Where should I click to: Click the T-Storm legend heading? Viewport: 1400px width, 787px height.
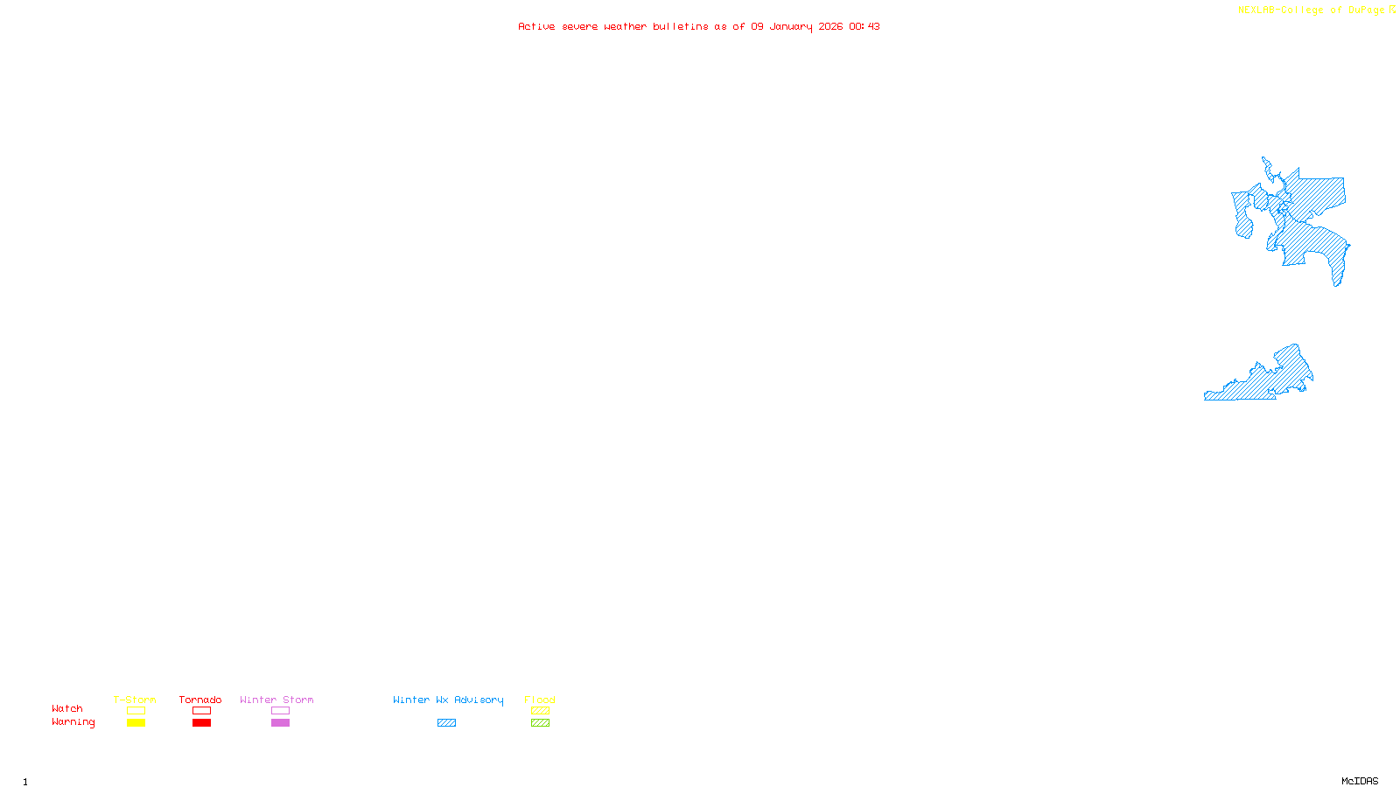point(135,700)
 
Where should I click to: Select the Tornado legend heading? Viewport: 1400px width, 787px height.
point(200,700)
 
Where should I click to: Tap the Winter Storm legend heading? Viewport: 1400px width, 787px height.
point(276,700)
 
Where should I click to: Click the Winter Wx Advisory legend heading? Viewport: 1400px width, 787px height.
point(448,700)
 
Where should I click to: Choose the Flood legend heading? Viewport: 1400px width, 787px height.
point(540,700)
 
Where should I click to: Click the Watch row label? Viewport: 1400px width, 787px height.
point(67,708)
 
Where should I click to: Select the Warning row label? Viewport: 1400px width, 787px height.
point(73,722)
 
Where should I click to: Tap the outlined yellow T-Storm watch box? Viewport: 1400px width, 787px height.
point(136,711)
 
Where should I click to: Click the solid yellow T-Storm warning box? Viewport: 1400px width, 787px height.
point(136,723)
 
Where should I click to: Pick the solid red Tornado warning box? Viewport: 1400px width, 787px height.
point(201,723)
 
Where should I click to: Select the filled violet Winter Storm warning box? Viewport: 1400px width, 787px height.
point(280,723)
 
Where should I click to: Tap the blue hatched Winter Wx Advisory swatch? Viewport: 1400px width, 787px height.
point(446,723)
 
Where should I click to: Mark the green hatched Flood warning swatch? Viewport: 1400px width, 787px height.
point(540,723)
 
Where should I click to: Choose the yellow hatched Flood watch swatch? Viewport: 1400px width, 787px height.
point(540,711)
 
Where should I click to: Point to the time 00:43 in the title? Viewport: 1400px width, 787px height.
point(864,26)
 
